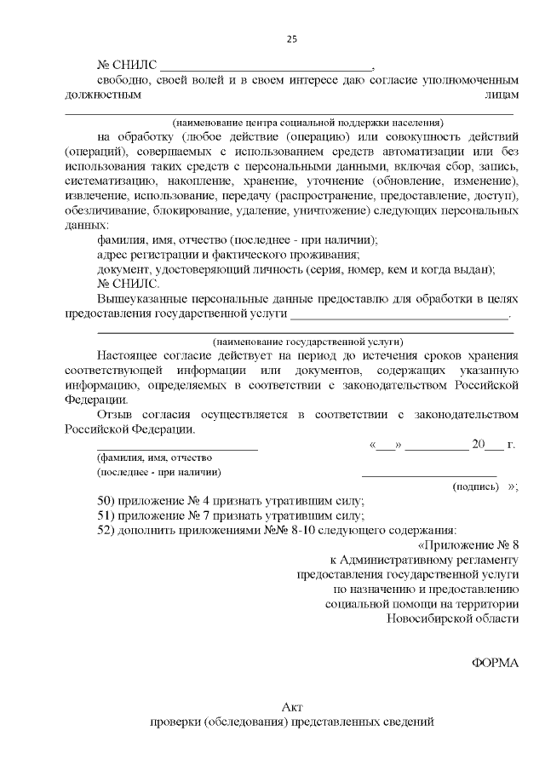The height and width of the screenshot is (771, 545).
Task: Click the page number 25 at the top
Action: click(x=291, y=39)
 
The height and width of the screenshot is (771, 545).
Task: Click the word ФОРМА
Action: click(x=495, y=663)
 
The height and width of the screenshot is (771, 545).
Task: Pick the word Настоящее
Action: click(x=130, y=356)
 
